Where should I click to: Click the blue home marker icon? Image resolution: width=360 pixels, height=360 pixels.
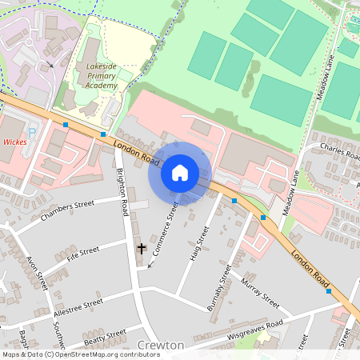[x=180, y=173]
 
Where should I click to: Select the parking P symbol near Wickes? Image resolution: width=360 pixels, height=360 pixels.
[x=32, y=133]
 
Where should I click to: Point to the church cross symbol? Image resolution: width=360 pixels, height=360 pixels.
[x=142, y=249]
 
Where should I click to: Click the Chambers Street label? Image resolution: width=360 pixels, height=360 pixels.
[x=67, y=210]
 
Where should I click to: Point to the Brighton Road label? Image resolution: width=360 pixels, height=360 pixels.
[x=122, y=193]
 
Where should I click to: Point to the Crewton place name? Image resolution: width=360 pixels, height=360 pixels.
[x=161, y=345]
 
